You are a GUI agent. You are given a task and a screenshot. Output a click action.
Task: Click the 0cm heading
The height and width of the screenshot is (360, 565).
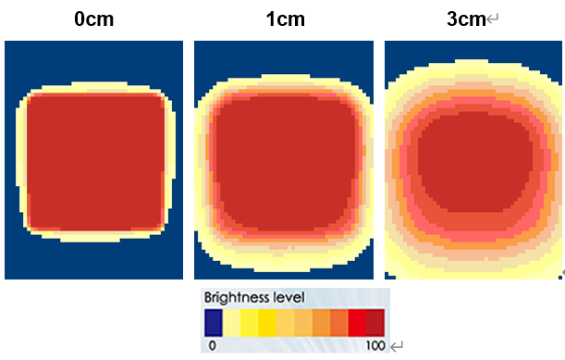pos(94,19)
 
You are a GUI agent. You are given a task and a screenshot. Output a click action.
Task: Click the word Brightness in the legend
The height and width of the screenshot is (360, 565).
pos(238,297)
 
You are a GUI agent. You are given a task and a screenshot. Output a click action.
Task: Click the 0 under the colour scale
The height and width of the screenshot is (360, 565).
pos(212,344)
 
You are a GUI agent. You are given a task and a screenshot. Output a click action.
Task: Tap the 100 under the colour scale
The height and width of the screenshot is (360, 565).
pos(374,344)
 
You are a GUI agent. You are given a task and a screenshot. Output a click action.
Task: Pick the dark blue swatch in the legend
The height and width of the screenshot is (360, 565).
pos(213,322)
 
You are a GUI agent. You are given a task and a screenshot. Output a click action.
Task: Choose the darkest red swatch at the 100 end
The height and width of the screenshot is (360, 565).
pos(375,322)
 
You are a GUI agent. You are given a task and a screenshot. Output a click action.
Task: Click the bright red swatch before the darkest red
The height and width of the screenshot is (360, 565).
pos(357,322)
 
